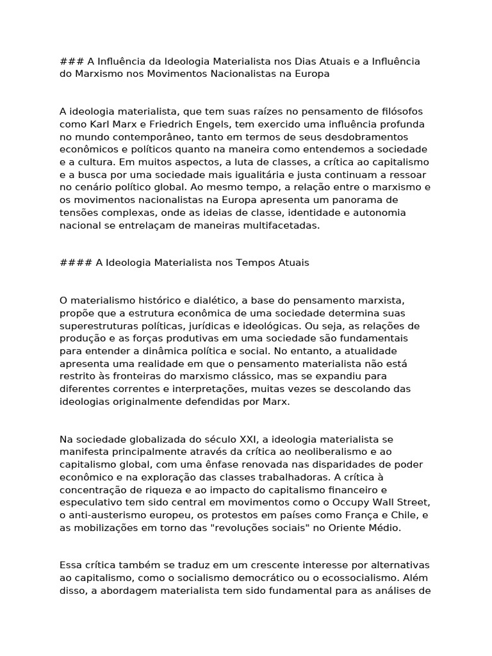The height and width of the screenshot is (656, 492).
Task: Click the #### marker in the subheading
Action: pyautogui.click(x=74, y=263)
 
